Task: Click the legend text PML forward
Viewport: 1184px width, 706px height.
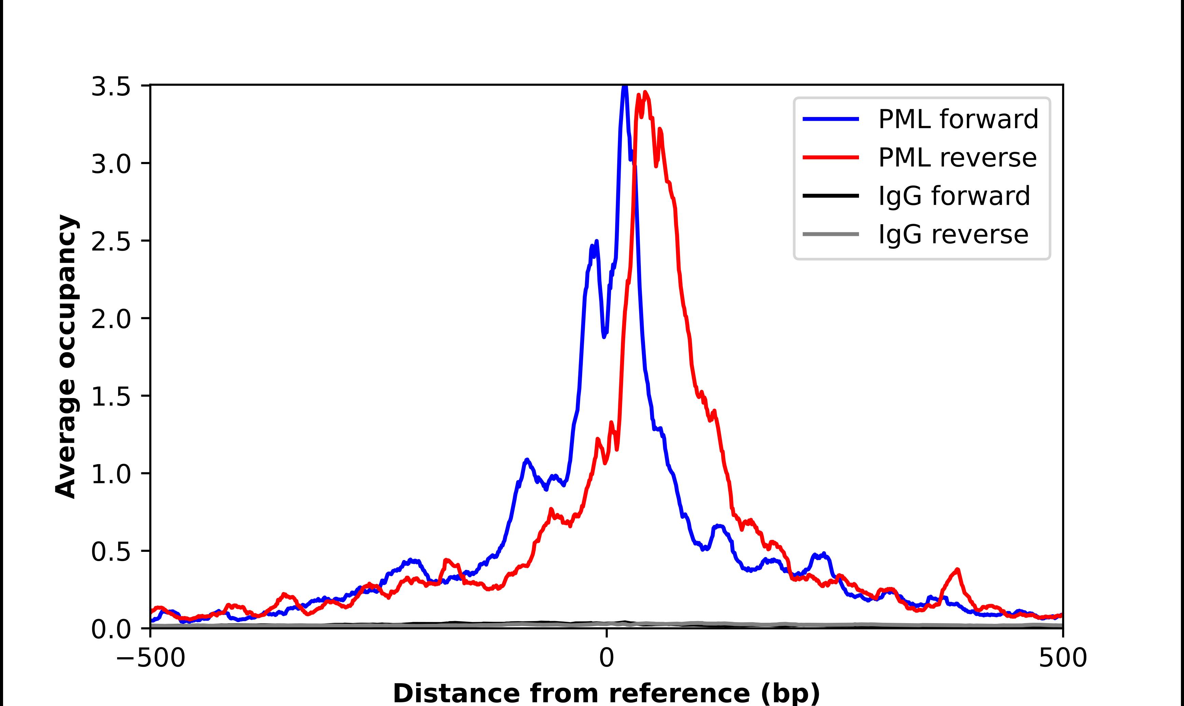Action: click(x=958, y=119)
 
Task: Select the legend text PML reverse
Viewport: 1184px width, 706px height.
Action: click(x=957, y=158)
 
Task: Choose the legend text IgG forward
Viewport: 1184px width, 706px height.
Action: click(x=954, y=196)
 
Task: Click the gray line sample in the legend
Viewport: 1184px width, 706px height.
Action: click(x=831, y=234)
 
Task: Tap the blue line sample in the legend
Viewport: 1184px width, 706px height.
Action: click(x=831, y=119)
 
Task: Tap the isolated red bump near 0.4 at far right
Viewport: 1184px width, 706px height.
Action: click(x=957, y=570)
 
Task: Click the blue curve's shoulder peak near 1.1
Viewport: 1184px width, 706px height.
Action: click(x=526, y=460)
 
